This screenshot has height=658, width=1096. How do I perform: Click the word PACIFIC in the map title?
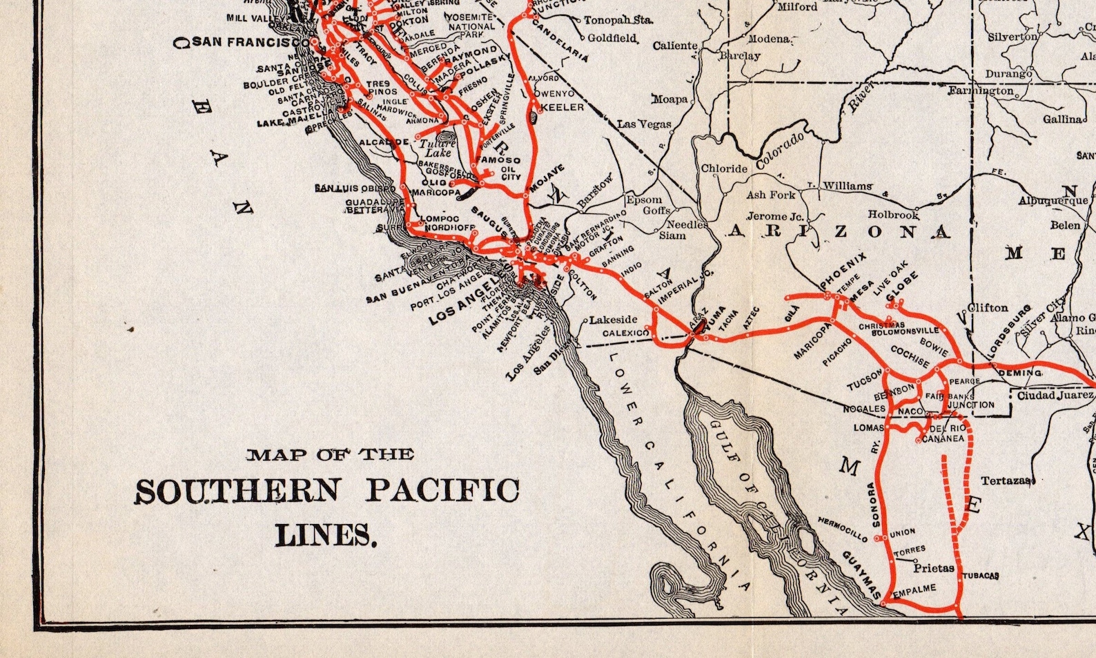442,491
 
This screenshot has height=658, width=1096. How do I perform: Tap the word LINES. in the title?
326,535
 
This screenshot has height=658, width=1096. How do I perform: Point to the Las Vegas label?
644,124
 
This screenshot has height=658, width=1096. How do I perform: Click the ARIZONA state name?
838,232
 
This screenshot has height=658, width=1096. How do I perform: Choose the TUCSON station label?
865,380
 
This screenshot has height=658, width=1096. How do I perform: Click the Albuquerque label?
1053,201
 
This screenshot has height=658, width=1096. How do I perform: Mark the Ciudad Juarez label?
1055,396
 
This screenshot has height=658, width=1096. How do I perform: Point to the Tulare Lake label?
438,148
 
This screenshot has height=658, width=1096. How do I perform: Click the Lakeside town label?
613,320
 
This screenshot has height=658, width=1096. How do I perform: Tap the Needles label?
687,224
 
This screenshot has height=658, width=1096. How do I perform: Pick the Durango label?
1008,73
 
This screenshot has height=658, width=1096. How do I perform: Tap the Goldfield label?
611,38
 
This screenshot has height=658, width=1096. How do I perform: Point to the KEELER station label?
562,108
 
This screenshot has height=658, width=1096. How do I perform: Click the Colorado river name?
781,151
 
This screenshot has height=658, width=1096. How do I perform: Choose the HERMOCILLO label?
843,528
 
